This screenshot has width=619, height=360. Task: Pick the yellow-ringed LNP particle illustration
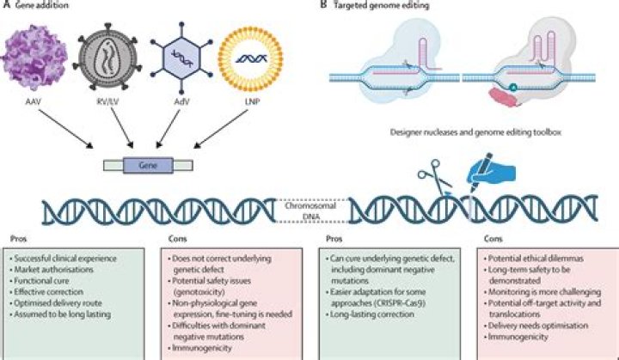tap(274, 54)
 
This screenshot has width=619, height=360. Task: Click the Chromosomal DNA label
tap(310, 211)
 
